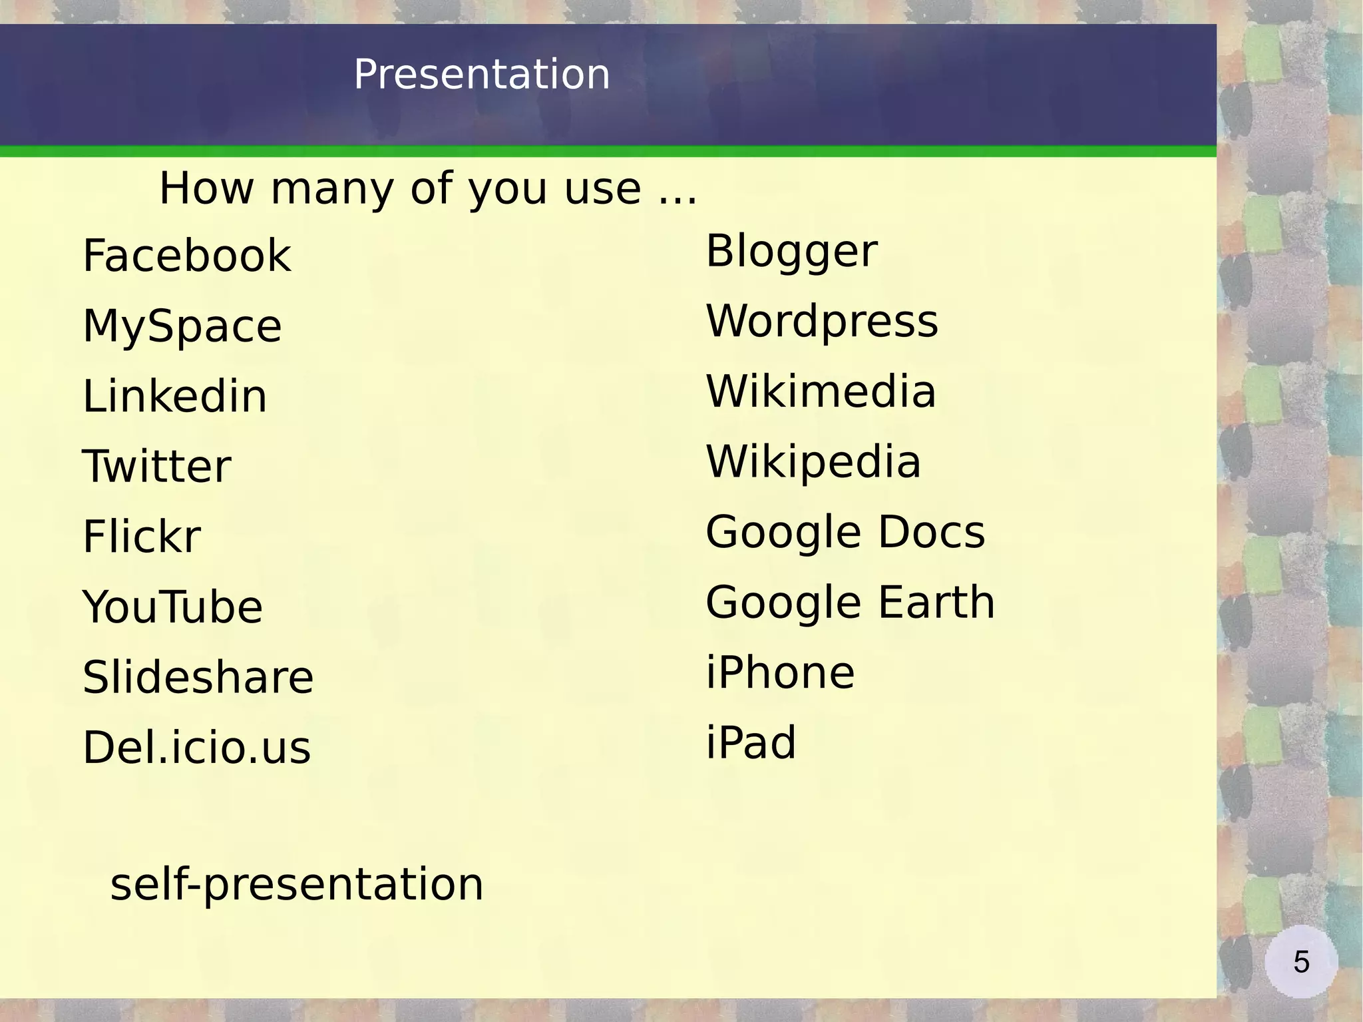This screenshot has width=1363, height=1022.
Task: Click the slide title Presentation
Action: click(x=481, y=74)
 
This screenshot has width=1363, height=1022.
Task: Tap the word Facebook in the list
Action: click(x=186, y=256)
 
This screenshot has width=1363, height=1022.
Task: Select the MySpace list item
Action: click(x=182, y=327)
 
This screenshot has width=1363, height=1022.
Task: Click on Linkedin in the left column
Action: click(x=174, y=397)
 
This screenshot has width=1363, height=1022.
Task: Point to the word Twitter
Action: click(x=156, y=467)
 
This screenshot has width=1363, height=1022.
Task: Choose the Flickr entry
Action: click(x=141, y=537)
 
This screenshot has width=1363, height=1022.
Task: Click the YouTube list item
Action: click(x=172, y=607)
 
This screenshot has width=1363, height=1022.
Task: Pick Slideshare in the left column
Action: click(x=198, y=678)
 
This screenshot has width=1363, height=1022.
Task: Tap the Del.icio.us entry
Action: click(x=196, y=748)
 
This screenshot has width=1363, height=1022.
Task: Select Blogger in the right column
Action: click(x=791, y=252)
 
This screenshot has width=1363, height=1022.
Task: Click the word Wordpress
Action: click(x=822, y=322)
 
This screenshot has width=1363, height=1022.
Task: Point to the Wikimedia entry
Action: click(x=821, y=391)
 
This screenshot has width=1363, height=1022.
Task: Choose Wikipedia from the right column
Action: click(x=813, y=462)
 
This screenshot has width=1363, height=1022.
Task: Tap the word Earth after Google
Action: click(x=936, y=603)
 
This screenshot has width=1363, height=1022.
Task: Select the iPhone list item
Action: click(x=780, y=673)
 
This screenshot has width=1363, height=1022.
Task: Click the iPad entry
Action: click(x=751, y=743)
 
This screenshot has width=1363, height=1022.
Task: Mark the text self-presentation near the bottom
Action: click(x=297, y=886)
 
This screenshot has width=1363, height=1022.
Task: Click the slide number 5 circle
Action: click(x=1301, y=962)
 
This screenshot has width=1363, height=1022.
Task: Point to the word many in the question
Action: click(x=332, y=189)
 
